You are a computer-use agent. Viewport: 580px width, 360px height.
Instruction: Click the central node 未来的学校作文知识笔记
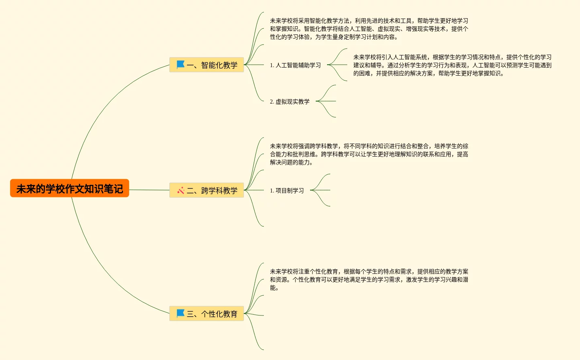(70, 188)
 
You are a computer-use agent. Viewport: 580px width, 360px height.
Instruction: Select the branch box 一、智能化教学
(206, 65)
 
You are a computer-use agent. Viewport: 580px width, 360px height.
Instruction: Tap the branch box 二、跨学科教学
(206, 190)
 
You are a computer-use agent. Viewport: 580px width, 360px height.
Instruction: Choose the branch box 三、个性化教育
(206, 313)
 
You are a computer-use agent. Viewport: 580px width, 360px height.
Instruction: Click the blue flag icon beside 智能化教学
(181, 64)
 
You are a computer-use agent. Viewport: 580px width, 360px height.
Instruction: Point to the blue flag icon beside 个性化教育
(181, 313)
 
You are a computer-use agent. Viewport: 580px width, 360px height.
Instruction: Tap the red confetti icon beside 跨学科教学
(181, 190)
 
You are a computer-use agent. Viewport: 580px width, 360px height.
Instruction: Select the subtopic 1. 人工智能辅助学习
(295, 65)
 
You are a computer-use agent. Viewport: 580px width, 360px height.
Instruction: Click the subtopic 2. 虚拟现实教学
(289, 102)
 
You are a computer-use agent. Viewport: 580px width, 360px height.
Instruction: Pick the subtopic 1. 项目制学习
(287, 191)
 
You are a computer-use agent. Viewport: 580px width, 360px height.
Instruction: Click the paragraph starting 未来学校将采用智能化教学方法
(369, 29)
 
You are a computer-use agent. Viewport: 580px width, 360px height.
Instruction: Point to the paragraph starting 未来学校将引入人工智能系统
(452, 65)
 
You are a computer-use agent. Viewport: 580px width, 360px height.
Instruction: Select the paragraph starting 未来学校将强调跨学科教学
(369, 154)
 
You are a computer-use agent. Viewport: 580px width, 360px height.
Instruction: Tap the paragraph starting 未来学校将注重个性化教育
(369, 280)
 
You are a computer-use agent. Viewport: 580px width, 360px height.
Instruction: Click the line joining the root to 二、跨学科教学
(149, 190)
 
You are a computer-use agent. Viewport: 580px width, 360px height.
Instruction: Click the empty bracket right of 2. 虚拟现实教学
(327, 101)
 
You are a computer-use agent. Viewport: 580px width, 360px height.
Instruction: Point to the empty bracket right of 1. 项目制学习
(321, 190)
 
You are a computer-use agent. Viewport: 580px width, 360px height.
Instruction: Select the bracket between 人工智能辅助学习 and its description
(338, 65)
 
